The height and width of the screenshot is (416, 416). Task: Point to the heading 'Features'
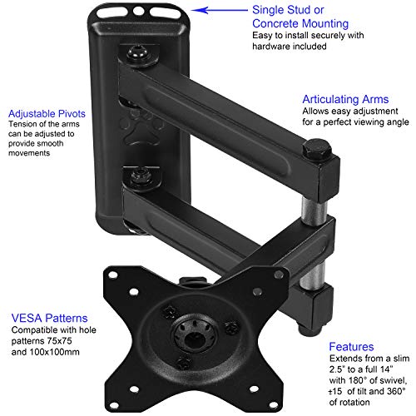pyautogui.click(x=350, y=345)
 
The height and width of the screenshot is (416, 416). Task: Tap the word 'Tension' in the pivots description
pyautogui.click(x=24, y=124)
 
